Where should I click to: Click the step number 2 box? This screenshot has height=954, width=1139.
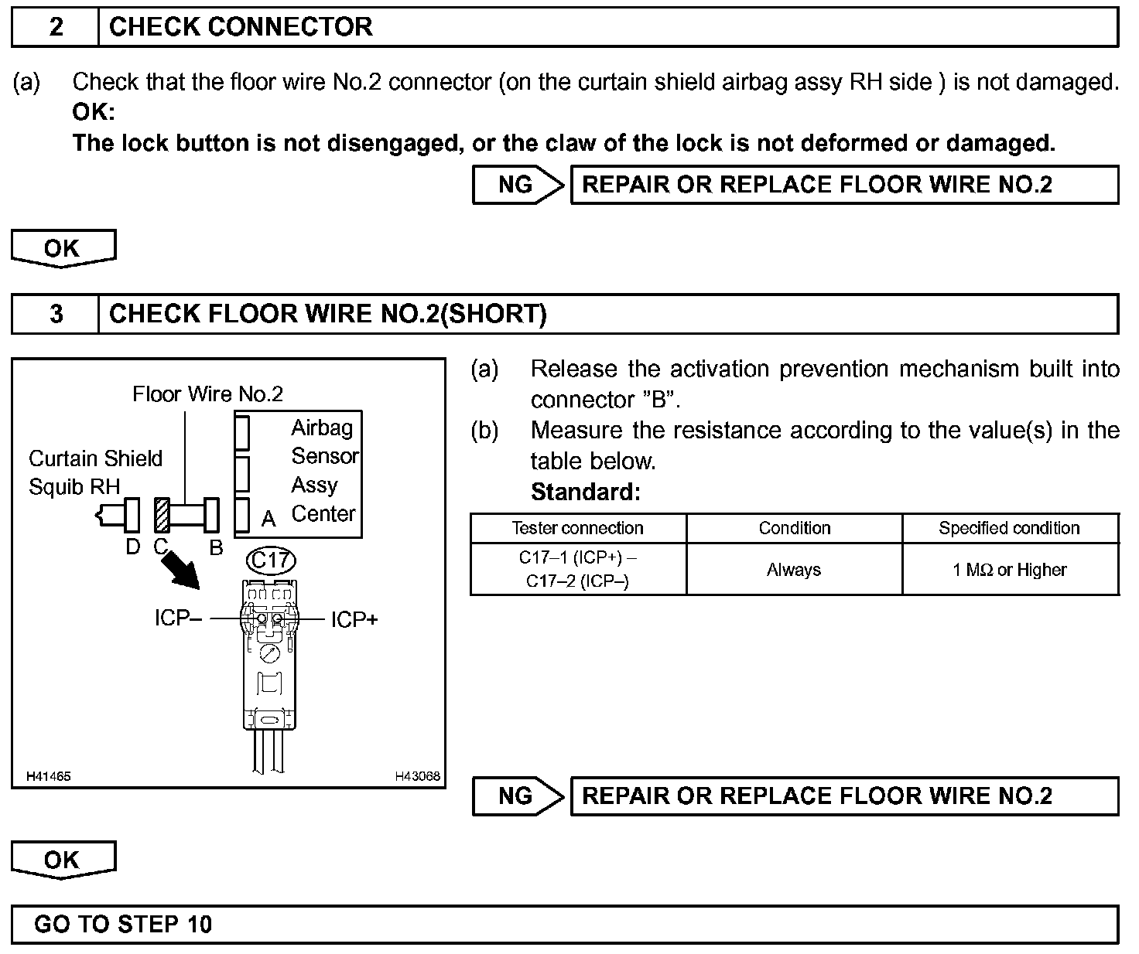pos(56,27)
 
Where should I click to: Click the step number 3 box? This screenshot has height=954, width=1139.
pos(56,314)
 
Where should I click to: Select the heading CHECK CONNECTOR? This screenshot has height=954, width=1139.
pos(241,27)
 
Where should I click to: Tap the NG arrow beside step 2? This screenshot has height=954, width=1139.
pos(518,185)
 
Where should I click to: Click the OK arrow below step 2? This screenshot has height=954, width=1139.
pos(63,248)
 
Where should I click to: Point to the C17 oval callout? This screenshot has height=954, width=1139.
pos(270,559)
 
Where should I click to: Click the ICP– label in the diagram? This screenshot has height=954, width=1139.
pos(178,618)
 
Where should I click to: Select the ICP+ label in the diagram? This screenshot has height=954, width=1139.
pos(354,619)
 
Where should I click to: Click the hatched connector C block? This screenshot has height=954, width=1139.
pos(162,515)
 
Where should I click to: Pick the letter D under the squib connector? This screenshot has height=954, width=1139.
pos(133,547)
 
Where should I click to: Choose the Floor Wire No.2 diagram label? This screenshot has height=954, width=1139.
pos(207,394)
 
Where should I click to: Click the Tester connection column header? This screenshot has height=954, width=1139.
pos(577,528)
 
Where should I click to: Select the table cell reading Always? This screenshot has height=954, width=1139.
pos(794,570)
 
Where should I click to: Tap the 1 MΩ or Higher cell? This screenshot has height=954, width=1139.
pos(1009,570)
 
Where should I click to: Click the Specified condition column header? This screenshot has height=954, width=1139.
pos(1009,528)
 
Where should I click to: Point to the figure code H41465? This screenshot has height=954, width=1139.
pos(49,776)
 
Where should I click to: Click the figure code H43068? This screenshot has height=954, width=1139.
pos(417,776)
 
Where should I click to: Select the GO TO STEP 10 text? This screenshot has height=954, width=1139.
pos(123,924)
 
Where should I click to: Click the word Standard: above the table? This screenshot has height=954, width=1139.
pos(586,492)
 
